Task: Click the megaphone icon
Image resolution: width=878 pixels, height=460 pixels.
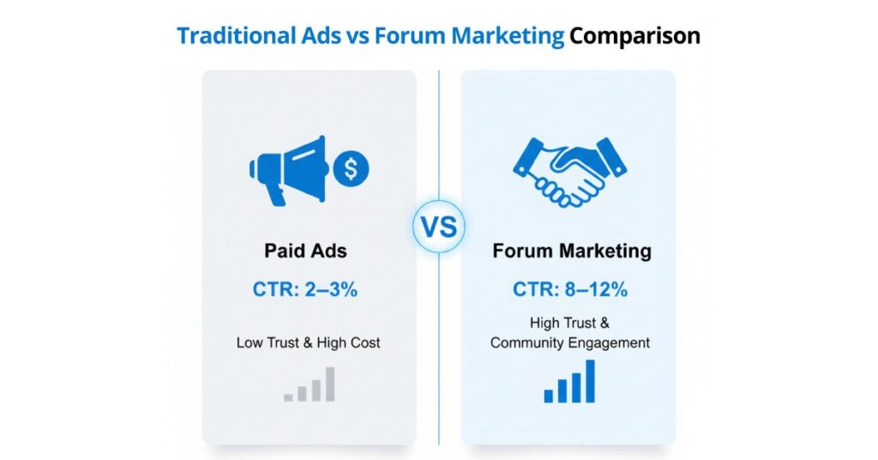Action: [287, 171]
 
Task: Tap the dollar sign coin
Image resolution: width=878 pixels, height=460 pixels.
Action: [350, 169]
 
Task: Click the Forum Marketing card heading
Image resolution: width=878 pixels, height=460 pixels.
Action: [571, 252]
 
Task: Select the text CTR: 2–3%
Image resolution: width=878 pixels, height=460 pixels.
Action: [305, 289]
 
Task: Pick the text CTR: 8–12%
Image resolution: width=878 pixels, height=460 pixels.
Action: [570, 289]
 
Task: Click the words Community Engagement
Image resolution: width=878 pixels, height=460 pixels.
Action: [570, 342]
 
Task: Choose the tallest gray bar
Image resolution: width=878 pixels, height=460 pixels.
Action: [330, 384]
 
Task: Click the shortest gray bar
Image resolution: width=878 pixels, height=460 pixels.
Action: [289, 396]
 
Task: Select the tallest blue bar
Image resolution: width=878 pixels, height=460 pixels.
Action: [590, 380]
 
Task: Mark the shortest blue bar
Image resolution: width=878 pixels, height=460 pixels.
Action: [549, 396]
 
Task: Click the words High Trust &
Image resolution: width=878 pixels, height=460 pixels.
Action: [570, 324]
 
